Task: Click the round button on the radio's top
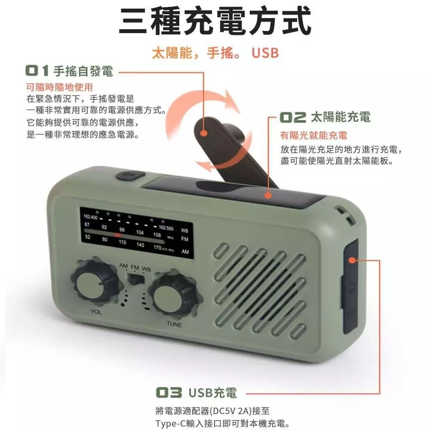point(130,175)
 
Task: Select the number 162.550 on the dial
point(166,228)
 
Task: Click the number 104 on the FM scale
point(140,232)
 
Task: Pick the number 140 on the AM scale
point(140,245)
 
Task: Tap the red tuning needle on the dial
point(118,235)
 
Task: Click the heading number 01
point(37,71)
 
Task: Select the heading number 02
point(293,117)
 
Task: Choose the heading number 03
point(169,393)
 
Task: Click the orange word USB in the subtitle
point(265,53)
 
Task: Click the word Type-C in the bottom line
point(170,424)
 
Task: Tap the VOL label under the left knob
point(96,312)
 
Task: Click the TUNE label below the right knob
point(174,324)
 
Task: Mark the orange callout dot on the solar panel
point(268,196)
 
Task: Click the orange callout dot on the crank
point(203,133)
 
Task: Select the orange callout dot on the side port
point(352,260)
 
